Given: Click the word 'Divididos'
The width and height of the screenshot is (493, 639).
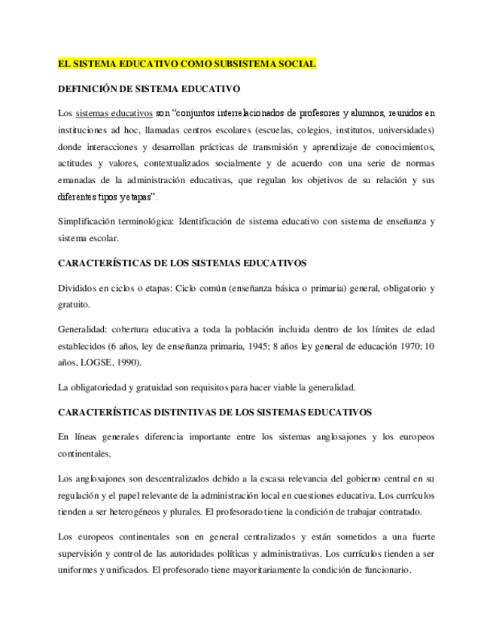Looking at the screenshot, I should pyautogui.click(x=78, y=289).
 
